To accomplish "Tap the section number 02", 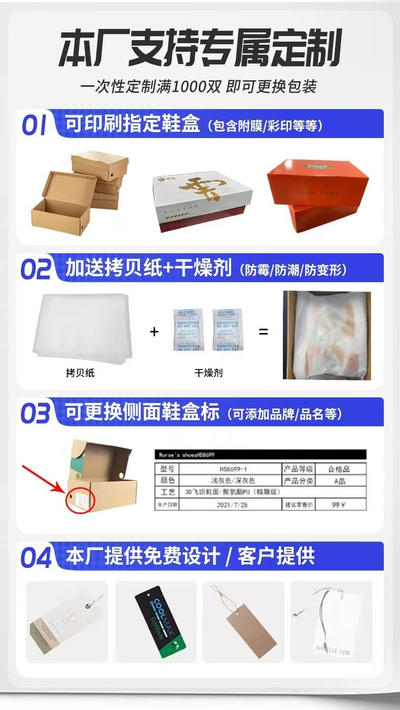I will tap(35, 269).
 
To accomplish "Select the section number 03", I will tap(35, 413).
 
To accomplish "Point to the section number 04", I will tap(36, 557).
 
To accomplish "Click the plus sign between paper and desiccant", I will tap(155, 332).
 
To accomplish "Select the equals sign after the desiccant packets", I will tap(263, 332).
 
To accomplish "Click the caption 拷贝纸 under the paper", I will tap(80, 373).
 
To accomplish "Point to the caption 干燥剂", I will tap(208, 373).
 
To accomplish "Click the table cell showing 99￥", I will tap(339, 505).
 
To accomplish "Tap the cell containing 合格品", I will tap(339, 469).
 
